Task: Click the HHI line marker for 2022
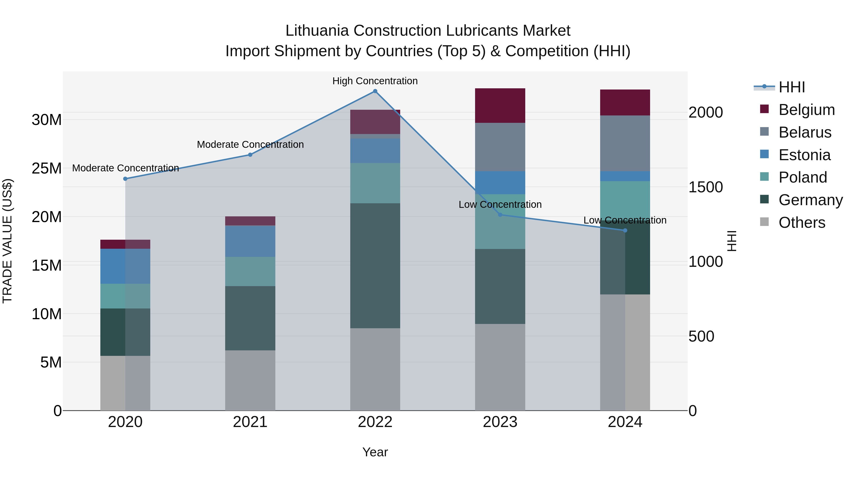click(x=375, y=91)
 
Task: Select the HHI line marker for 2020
click(x=125, y=179)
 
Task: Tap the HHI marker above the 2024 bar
click(x=625, y=230)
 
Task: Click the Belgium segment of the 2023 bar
click(x=500, y=105)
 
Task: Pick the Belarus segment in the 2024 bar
click(x=625, y=143)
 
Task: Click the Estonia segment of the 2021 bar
click(x=250, y=241)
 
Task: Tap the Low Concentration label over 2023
click(x=500, y=204)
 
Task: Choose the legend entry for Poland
click(x=802, y=177)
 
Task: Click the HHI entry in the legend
click(x=792, y=87)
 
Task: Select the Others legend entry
click(x=802, y=223)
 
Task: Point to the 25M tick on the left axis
click(x=47, y=168)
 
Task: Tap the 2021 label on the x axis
click(x=250, y=422)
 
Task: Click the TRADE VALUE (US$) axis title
click(x=7, y=241)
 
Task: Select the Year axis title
click(x=375, y=452)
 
